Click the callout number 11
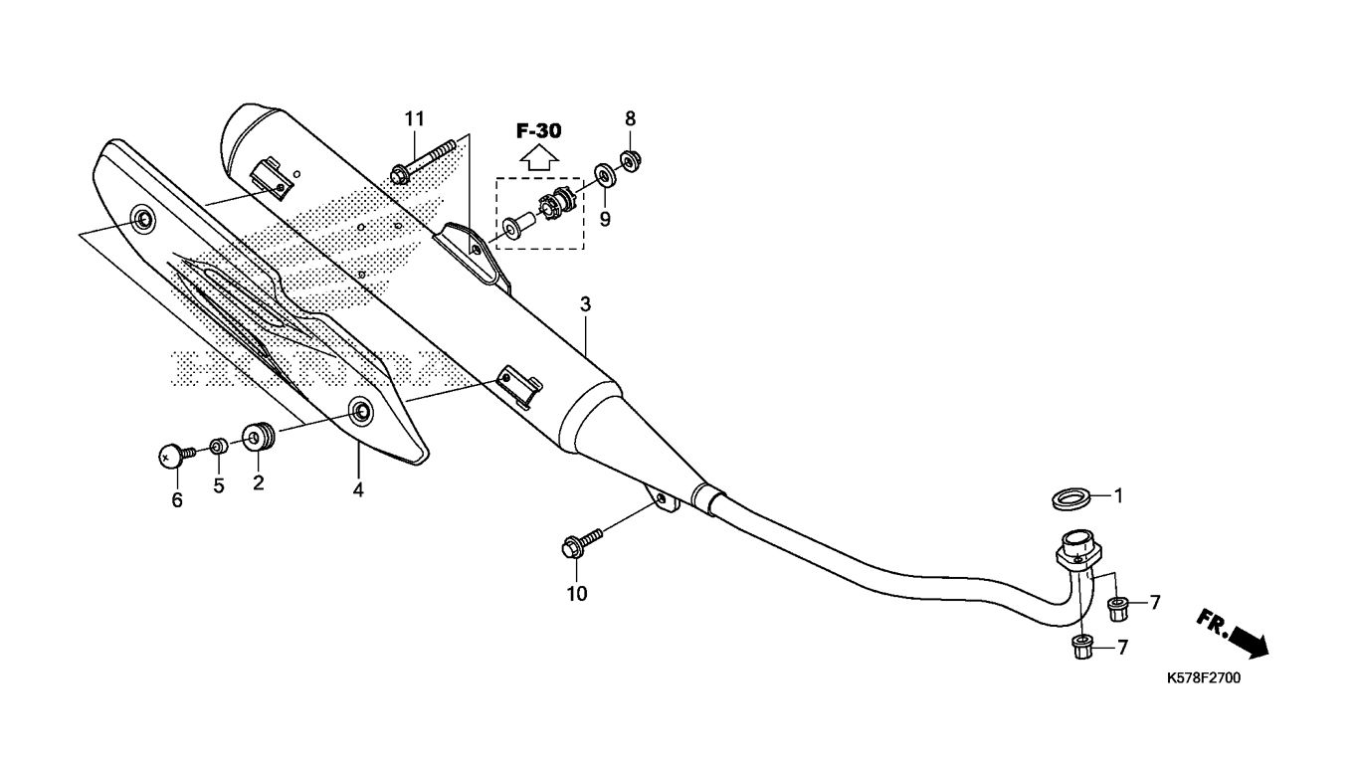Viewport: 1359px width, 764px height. pos(415,119)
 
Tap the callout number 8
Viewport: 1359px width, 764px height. pos(631,119)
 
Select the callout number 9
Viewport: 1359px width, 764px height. pos(605,219)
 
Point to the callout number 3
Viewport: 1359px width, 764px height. pos(585,304)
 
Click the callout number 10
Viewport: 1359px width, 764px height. pos(577,594)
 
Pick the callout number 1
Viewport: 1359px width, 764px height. pos(1119,496)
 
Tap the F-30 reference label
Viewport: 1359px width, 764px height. pos(539,131)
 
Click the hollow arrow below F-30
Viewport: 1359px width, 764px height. pos(539,159)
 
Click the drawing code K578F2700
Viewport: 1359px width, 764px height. pos(1204,677)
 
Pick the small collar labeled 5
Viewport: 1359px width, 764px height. pos(219,447)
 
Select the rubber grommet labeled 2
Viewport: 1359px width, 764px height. pos(259,438)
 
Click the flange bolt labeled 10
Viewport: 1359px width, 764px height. pos(583,542)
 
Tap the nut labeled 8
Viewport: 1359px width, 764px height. pos(631,161)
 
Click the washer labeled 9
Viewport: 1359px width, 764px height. pos(605,175)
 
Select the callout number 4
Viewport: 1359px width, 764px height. pos(358,489)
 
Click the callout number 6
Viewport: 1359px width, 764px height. pos(177,500)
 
